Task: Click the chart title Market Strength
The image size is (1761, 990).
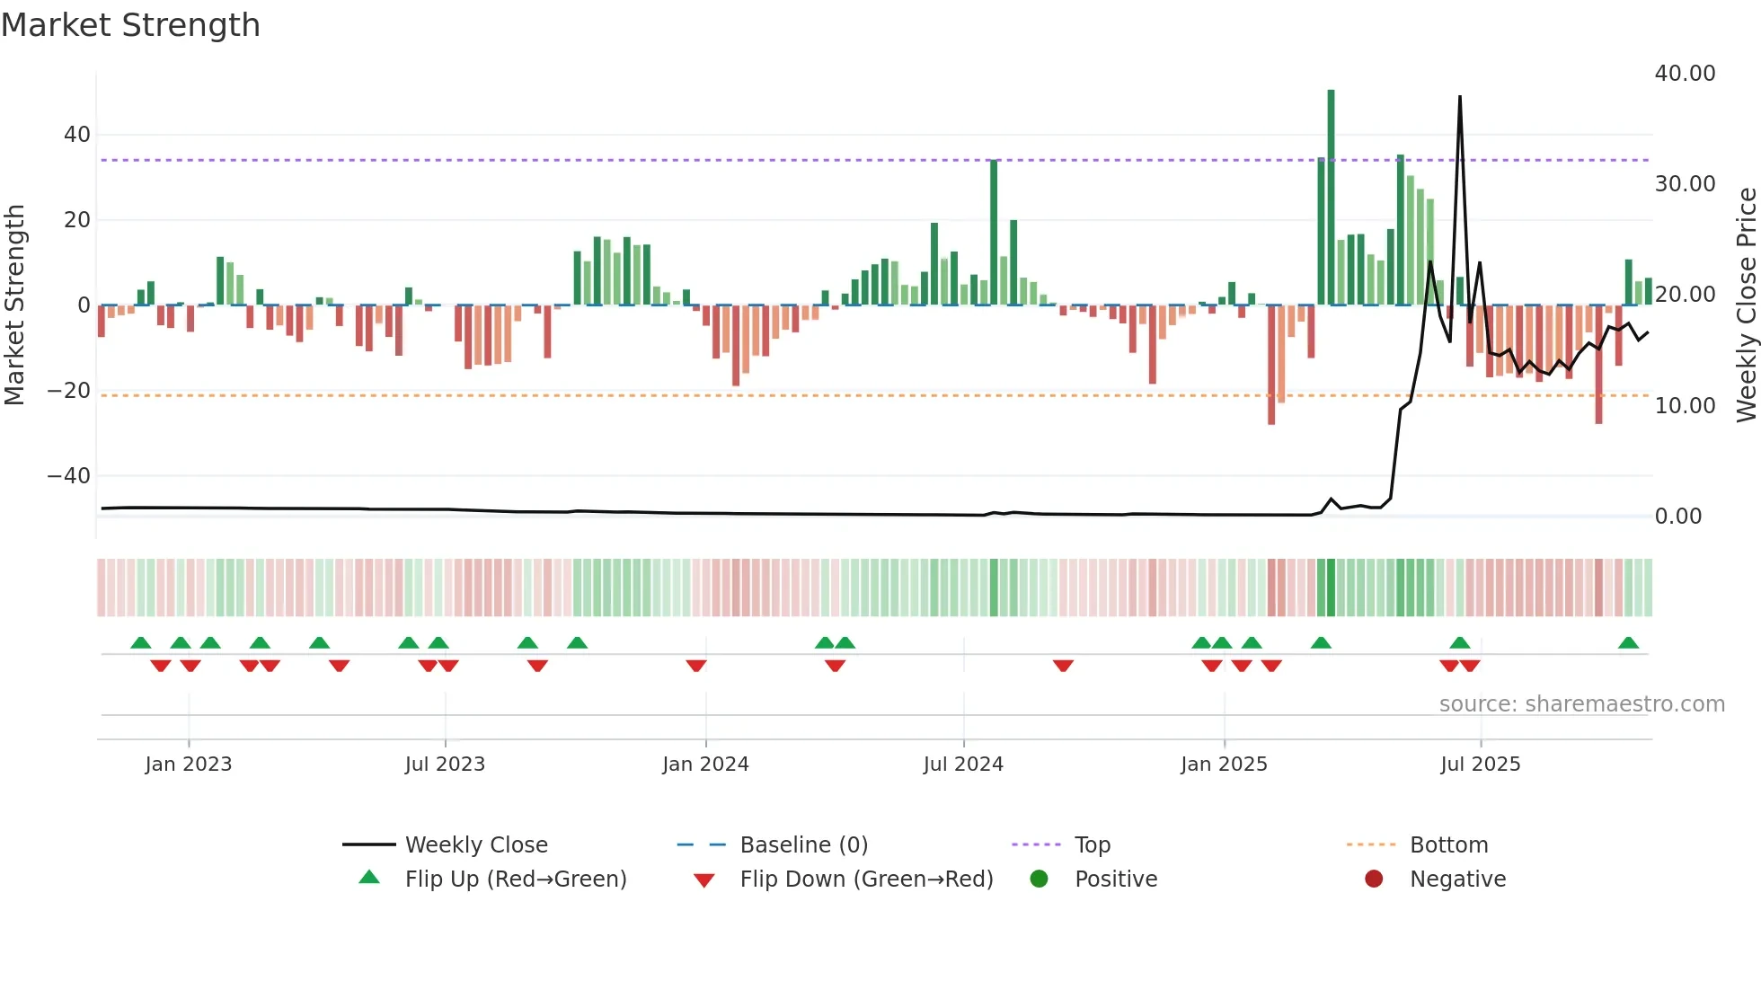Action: [x=130, y=25]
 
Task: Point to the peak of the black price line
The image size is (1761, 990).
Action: [x=1459, y=97]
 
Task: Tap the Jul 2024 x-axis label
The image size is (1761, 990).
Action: [x=963, y=765]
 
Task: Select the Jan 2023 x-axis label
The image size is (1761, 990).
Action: [x=189, y=765]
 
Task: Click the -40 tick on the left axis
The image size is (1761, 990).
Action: [x=69, y=476]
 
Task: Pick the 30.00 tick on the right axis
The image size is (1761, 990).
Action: [x=1685, y=184]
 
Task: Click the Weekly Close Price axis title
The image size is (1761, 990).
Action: [x=1746, y=305]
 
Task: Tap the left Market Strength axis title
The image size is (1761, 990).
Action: [x=15, y=305]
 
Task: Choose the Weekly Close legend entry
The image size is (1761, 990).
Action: [x=476, y=845]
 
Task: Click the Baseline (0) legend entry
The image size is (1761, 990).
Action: [x=803, y=845]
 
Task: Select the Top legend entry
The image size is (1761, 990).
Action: [x=1093, y=845]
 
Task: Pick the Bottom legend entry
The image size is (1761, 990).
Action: [x=1448, y=845]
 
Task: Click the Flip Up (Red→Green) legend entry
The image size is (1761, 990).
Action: [x=515, y=880]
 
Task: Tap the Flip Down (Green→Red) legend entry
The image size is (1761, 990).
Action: [x=866, y=880]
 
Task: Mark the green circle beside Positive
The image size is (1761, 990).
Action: [x=1040, y=880]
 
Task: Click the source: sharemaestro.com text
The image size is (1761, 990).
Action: [x=1581, y=704]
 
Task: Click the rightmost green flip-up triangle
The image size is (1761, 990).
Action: [x=1628, y=643]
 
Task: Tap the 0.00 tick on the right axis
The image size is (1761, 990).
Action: [x=1677, y=517]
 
